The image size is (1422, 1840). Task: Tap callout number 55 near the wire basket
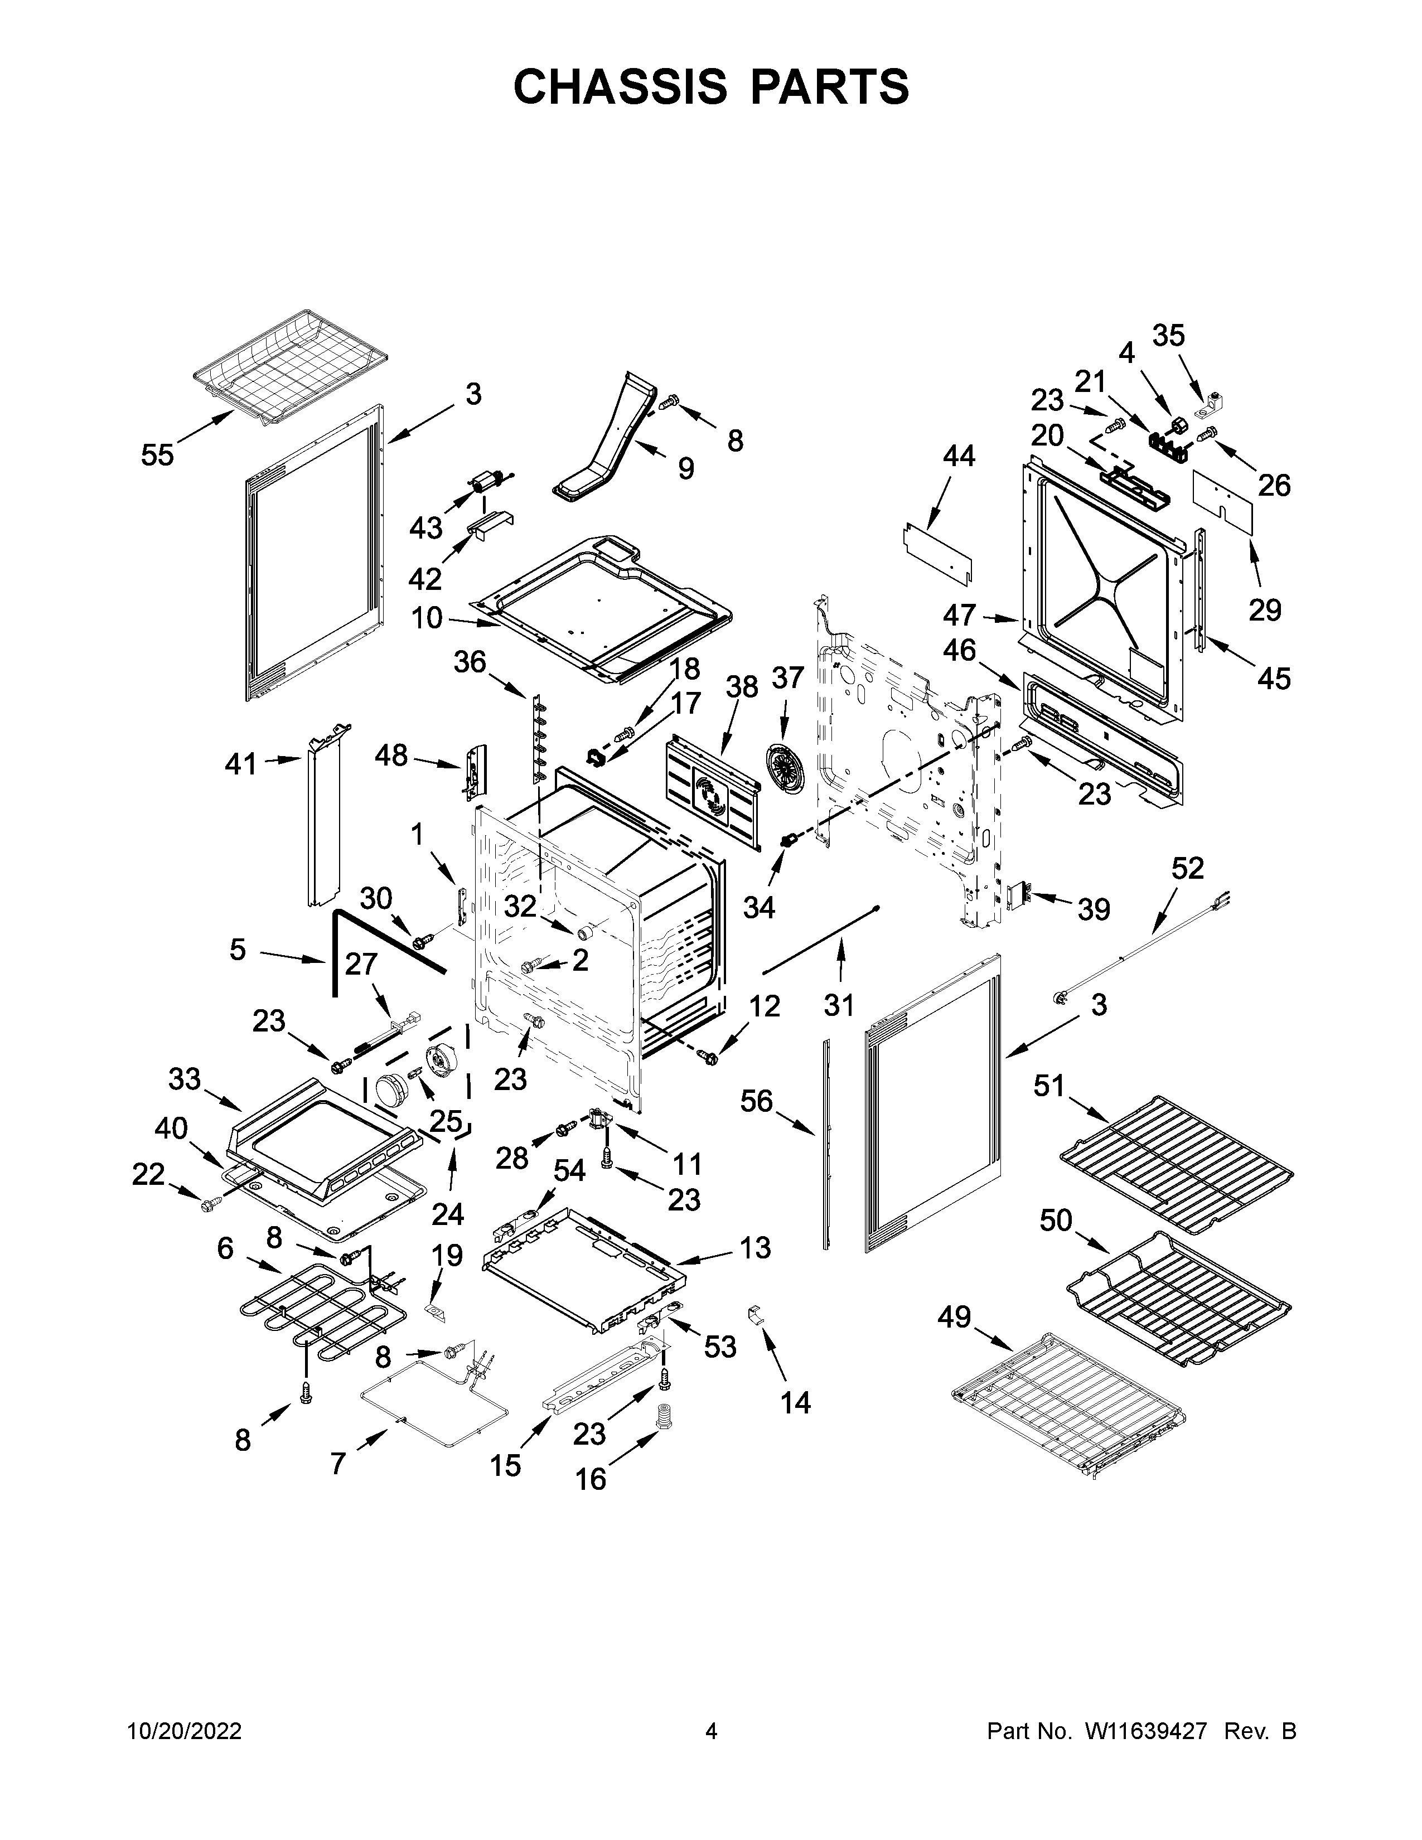click(157, 456)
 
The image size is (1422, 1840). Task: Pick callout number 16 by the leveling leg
click(591, 1479)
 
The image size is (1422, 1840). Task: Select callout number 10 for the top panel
click(427, 618)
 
